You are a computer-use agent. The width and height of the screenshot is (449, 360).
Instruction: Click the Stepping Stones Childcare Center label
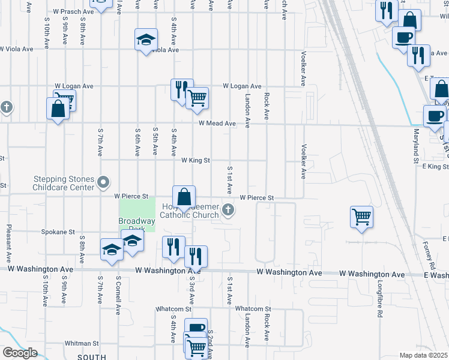[x=64, y=183]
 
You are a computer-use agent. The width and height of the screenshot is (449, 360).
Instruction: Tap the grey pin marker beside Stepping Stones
[x=103, y=181]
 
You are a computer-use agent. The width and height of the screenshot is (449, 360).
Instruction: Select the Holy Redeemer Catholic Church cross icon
[x=228, y=209]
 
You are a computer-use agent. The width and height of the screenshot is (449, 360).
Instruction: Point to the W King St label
[x=196, y=160]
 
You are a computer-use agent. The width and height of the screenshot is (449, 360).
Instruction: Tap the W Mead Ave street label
[x=217, y=124]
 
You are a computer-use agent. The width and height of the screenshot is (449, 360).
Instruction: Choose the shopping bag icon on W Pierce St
[x=184, y=196]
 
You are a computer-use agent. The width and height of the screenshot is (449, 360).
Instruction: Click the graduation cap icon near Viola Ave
[x=146, y=40]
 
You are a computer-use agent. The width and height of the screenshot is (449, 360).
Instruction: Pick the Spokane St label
[x=58, y=231]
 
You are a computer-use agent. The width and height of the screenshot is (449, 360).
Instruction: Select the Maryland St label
[x=415, y=145]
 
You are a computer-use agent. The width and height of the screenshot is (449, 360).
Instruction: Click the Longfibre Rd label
[x=379, y=300]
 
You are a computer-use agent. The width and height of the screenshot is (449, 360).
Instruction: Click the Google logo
[x=20, y=353]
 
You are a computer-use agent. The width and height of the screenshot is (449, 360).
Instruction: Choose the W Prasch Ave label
[x=73, y=11]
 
